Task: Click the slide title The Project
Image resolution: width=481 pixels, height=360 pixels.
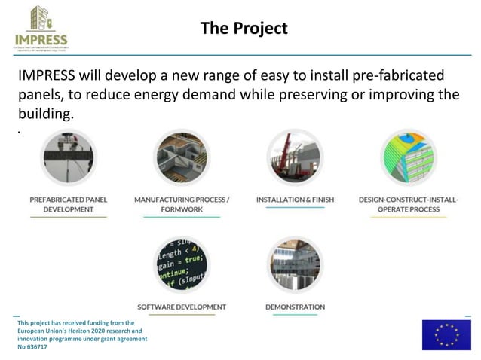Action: (244, 29)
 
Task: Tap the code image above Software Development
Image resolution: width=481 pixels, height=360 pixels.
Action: (181, 264)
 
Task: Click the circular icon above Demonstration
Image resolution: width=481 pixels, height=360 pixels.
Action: (295, 264)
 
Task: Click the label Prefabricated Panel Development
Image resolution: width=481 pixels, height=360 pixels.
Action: (68, 204)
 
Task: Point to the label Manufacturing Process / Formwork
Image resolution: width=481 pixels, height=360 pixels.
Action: (181, 204)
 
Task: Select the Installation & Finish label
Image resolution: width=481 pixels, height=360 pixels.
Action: (295, 200)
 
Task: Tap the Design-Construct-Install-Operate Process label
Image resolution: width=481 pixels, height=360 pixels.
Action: (408, 204)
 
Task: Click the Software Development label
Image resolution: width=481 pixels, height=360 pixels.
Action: (181, 307)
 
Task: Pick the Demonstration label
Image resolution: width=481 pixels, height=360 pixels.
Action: (295, 307)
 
